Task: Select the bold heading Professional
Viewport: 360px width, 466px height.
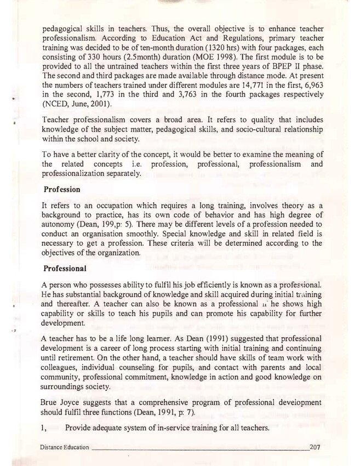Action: [x=66, y=270]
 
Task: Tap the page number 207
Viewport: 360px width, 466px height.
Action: [x=315, y=447]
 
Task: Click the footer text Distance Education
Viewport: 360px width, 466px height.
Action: [x=64, y=448]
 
